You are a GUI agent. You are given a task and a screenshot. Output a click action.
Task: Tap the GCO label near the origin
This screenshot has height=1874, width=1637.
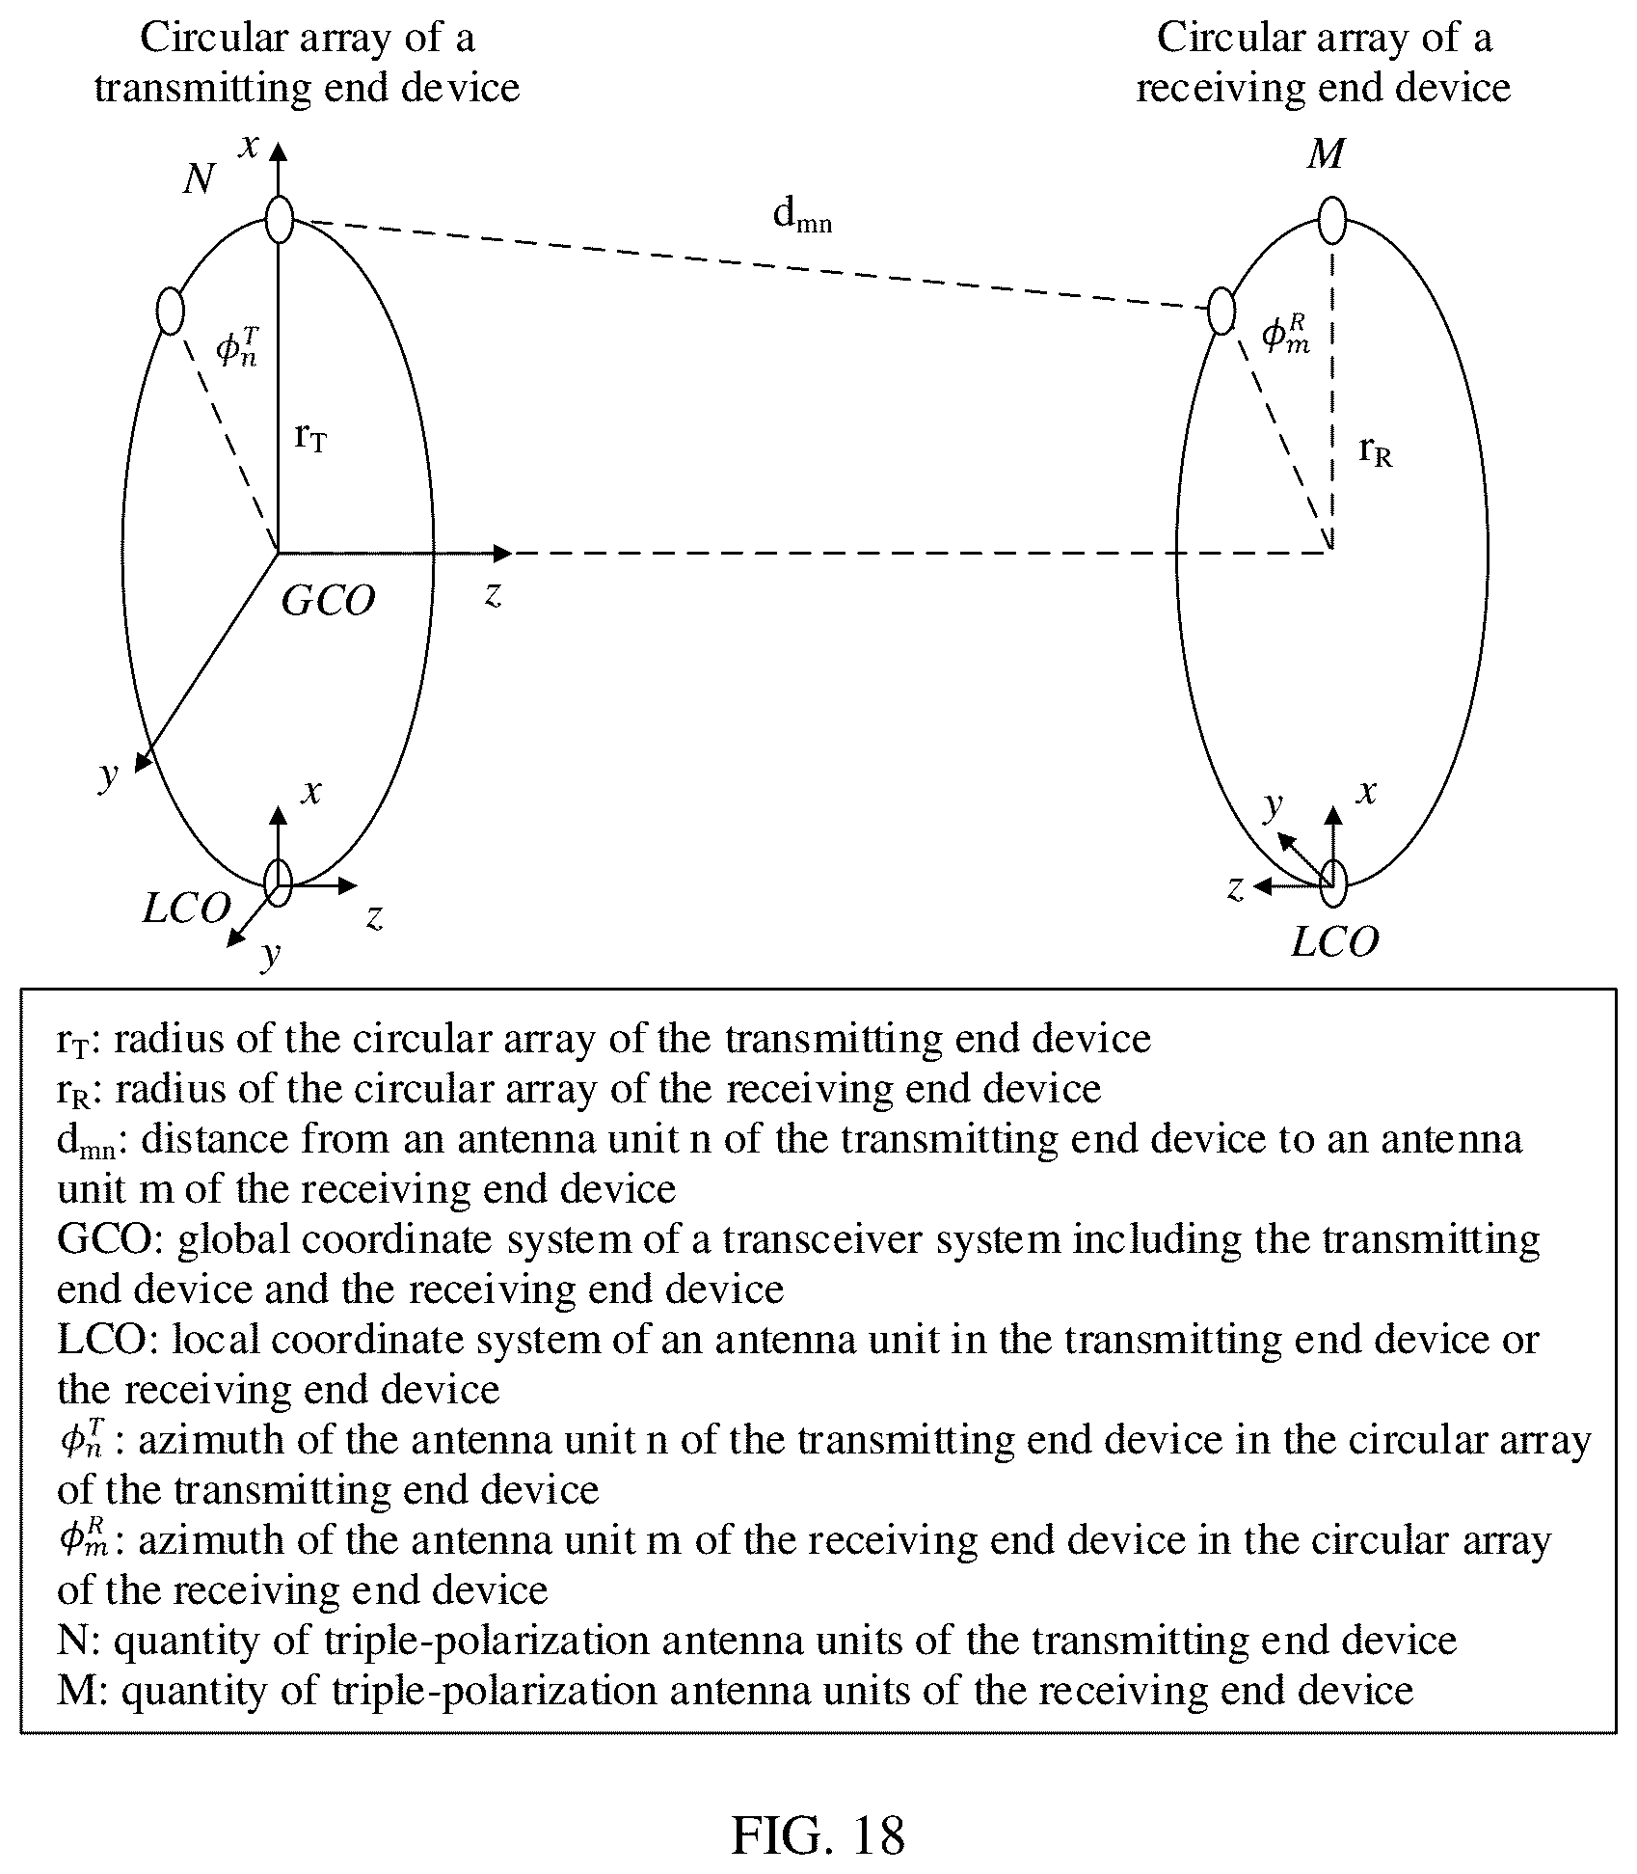point(328,601)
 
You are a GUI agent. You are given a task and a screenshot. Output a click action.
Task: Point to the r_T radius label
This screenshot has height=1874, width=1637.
point(310,438)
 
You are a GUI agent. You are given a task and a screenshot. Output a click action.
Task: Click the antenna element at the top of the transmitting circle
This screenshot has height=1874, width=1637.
point(279,219)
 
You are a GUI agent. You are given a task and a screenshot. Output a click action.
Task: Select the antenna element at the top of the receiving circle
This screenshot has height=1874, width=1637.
point(1331,221)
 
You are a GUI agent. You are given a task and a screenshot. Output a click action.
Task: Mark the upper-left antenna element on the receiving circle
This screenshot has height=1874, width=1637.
point(1221,311)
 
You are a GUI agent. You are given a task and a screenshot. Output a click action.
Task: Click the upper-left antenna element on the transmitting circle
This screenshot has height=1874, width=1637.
point(169,311)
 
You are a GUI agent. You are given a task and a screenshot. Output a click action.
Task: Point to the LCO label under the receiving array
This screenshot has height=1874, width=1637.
point(1334,941)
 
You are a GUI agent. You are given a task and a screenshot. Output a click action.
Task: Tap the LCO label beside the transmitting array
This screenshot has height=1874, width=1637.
point(187,908)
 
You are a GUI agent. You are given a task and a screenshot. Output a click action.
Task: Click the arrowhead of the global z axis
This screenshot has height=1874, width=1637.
point(502,553)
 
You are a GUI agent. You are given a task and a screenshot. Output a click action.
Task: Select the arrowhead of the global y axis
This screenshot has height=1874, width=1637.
point(142,762)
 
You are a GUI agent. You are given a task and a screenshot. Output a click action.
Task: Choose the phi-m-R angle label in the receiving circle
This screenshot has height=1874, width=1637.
point(1286,335)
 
